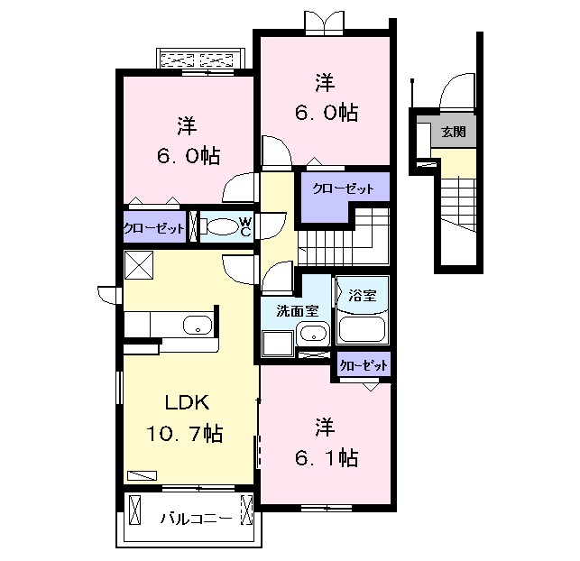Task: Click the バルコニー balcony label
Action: click(x=197, y=518)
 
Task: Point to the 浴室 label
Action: click(x=363, y=295)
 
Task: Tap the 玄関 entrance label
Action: click(x=454, y=132)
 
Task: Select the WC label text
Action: click(x=244, y=225)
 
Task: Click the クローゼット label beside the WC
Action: click(x=154, y=227)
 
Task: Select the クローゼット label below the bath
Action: click(x=364, y=365)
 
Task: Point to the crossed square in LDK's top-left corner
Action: click(x=140, y=265)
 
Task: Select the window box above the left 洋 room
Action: click(x=201, y=60)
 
